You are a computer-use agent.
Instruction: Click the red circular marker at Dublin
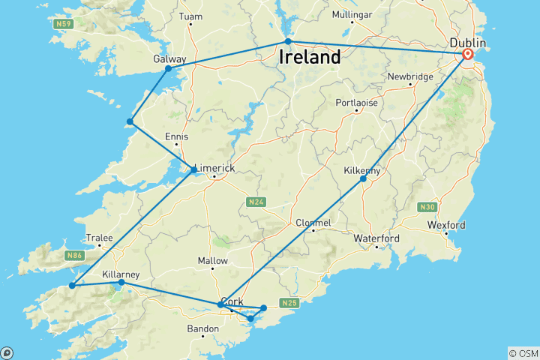coord(468,54)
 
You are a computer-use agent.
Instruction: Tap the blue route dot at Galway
coord(168,69)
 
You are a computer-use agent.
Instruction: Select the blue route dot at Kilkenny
coord(363,178)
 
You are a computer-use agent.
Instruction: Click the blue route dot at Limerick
coord(193,170)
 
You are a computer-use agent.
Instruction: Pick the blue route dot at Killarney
coord(121,283)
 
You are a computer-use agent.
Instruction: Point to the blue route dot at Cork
coord(220,304)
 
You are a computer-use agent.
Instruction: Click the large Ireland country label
coord(310,57)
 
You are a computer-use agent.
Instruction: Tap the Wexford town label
coord(446,225)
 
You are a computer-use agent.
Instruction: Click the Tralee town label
coord(99,238)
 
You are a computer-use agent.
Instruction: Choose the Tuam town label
coord(191,15)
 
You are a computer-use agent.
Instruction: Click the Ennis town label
coord(177,136)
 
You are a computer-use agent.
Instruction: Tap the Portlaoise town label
coord(356,102)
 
